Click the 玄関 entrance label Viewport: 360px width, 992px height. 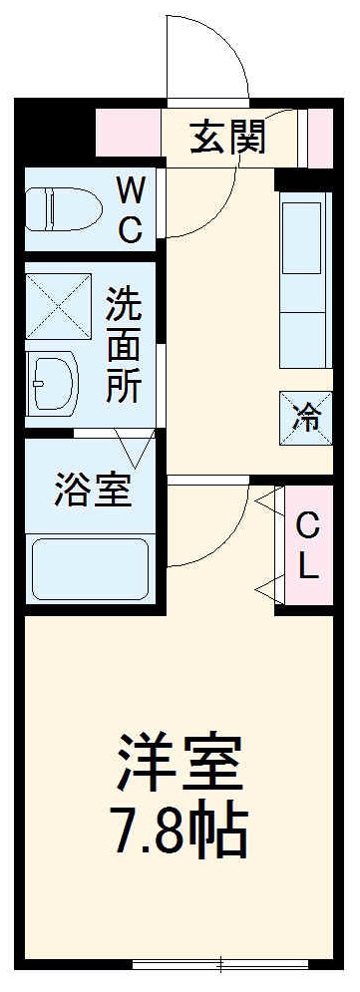228,138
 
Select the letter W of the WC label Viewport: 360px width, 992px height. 132,187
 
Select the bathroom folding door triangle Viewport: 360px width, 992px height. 136,443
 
